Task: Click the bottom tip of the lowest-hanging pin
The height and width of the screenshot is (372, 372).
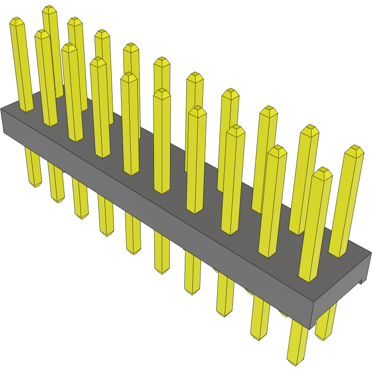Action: pos(295,362)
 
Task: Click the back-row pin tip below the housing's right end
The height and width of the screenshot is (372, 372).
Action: pos(324,338)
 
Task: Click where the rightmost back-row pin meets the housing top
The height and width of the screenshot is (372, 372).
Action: pos(338,255)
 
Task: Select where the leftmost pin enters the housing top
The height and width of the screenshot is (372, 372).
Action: pos(27,110)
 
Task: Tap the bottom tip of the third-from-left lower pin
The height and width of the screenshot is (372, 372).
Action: pos(82,217)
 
